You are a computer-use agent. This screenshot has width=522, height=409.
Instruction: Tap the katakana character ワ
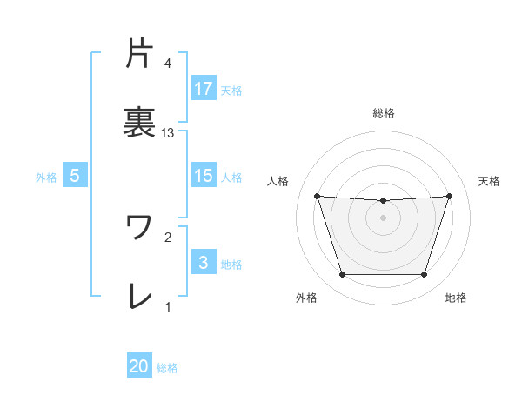139,227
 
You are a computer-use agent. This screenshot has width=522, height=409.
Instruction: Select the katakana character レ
139,296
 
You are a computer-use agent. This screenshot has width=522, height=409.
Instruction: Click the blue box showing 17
204,89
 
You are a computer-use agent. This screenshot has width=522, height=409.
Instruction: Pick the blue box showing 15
204,176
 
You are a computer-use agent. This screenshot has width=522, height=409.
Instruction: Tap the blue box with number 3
204,263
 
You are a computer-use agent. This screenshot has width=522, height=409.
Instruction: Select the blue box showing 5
75,176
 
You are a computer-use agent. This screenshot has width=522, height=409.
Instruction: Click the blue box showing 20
139,366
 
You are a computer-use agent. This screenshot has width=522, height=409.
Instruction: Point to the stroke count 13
168,133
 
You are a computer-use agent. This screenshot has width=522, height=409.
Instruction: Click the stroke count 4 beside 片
168,63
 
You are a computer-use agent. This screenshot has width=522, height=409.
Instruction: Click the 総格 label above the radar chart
383,113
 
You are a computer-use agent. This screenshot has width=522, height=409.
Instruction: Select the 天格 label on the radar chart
490,181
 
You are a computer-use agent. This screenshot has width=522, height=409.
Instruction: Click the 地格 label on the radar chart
456,298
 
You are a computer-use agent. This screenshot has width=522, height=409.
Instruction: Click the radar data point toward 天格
449,196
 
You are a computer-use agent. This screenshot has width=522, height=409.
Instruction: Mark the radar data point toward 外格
342,275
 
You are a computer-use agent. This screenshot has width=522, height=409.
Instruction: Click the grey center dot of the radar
383,218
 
